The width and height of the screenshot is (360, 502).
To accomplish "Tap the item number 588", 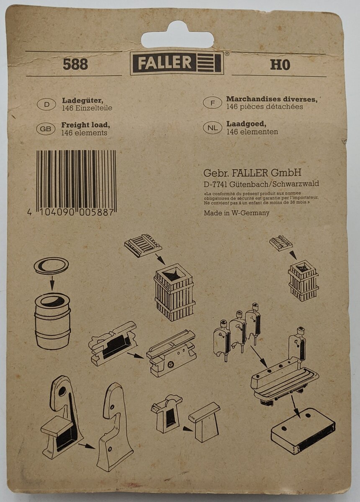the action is point(75,64).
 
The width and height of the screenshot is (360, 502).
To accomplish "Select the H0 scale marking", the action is point(280,65).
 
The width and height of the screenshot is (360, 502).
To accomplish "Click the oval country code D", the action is point(46,105).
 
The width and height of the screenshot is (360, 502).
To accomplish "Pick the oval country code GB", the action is point(46,129).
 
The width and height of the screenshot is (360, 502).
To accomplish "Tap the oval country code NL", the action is point(213,128).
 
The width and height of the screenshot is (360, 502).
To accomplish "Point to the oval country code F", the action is point(213,103).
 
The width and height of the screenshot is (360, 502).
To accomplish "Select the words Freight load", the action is point(86,125).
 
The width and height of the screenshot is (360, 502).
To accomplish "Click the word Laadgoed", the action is point(246,124).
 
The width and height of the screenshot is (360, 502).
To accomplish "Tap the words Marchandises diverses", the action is point(272,99).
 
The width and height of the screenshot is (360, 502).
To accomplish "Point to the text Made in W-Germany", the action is point(237,213).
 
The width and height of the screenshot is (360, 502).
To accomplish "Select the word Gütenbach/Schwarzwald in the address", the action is point(274,184).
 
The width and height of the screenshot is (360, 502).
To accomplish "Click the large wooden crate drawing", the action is point(174,292).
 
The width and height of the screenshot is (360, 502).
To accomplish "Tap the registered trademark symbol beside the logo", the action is point(227,54).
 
